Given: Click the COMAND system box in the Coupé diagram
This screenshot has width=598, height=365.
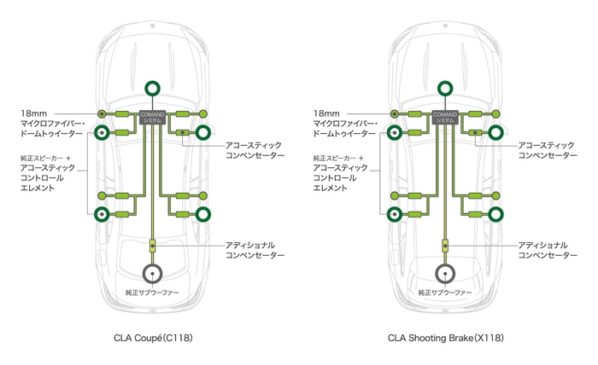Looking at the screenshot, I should pos(153,118).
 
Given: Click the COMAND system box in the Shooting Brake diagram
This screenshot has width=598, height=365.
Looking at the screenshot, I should pos(445,118).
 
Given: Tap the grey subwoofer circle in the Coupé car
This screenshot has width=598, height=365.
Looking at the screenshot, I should pos(153,274).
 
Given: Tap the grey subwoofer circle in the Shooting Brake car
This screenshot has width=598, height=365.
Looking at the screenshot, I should pos(445,274).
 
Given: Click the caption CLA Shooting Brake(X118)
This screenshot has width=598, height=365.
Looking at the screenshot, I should pos(445,338).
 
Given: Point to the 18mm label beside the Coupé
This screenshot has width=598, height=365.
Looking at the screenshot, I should pos(34,113).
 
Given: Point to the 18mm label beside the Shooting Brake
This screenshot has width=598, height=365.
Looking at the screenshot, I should pos(327,113).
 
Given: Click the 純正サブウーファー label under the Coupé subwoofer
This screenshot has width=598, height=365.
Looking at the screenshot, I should pos(153,293).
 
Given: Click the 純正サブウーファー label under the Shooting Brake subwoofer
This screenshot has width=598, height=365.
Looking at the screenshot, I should pos(445,293).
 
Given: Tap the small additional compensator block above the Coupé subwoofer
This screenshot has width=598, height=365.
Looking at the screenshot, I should pos(153,246).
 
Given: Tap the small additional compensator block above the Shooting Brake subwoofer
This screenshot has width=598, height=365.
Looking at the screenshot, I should pos(445,246).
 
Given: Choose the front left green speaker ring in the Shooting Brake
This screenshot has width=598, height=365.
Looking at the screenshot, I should pos(395,133).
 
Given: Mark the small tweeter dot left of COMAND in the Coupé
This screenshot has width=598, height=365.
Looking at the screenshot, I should pos(102,113).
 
